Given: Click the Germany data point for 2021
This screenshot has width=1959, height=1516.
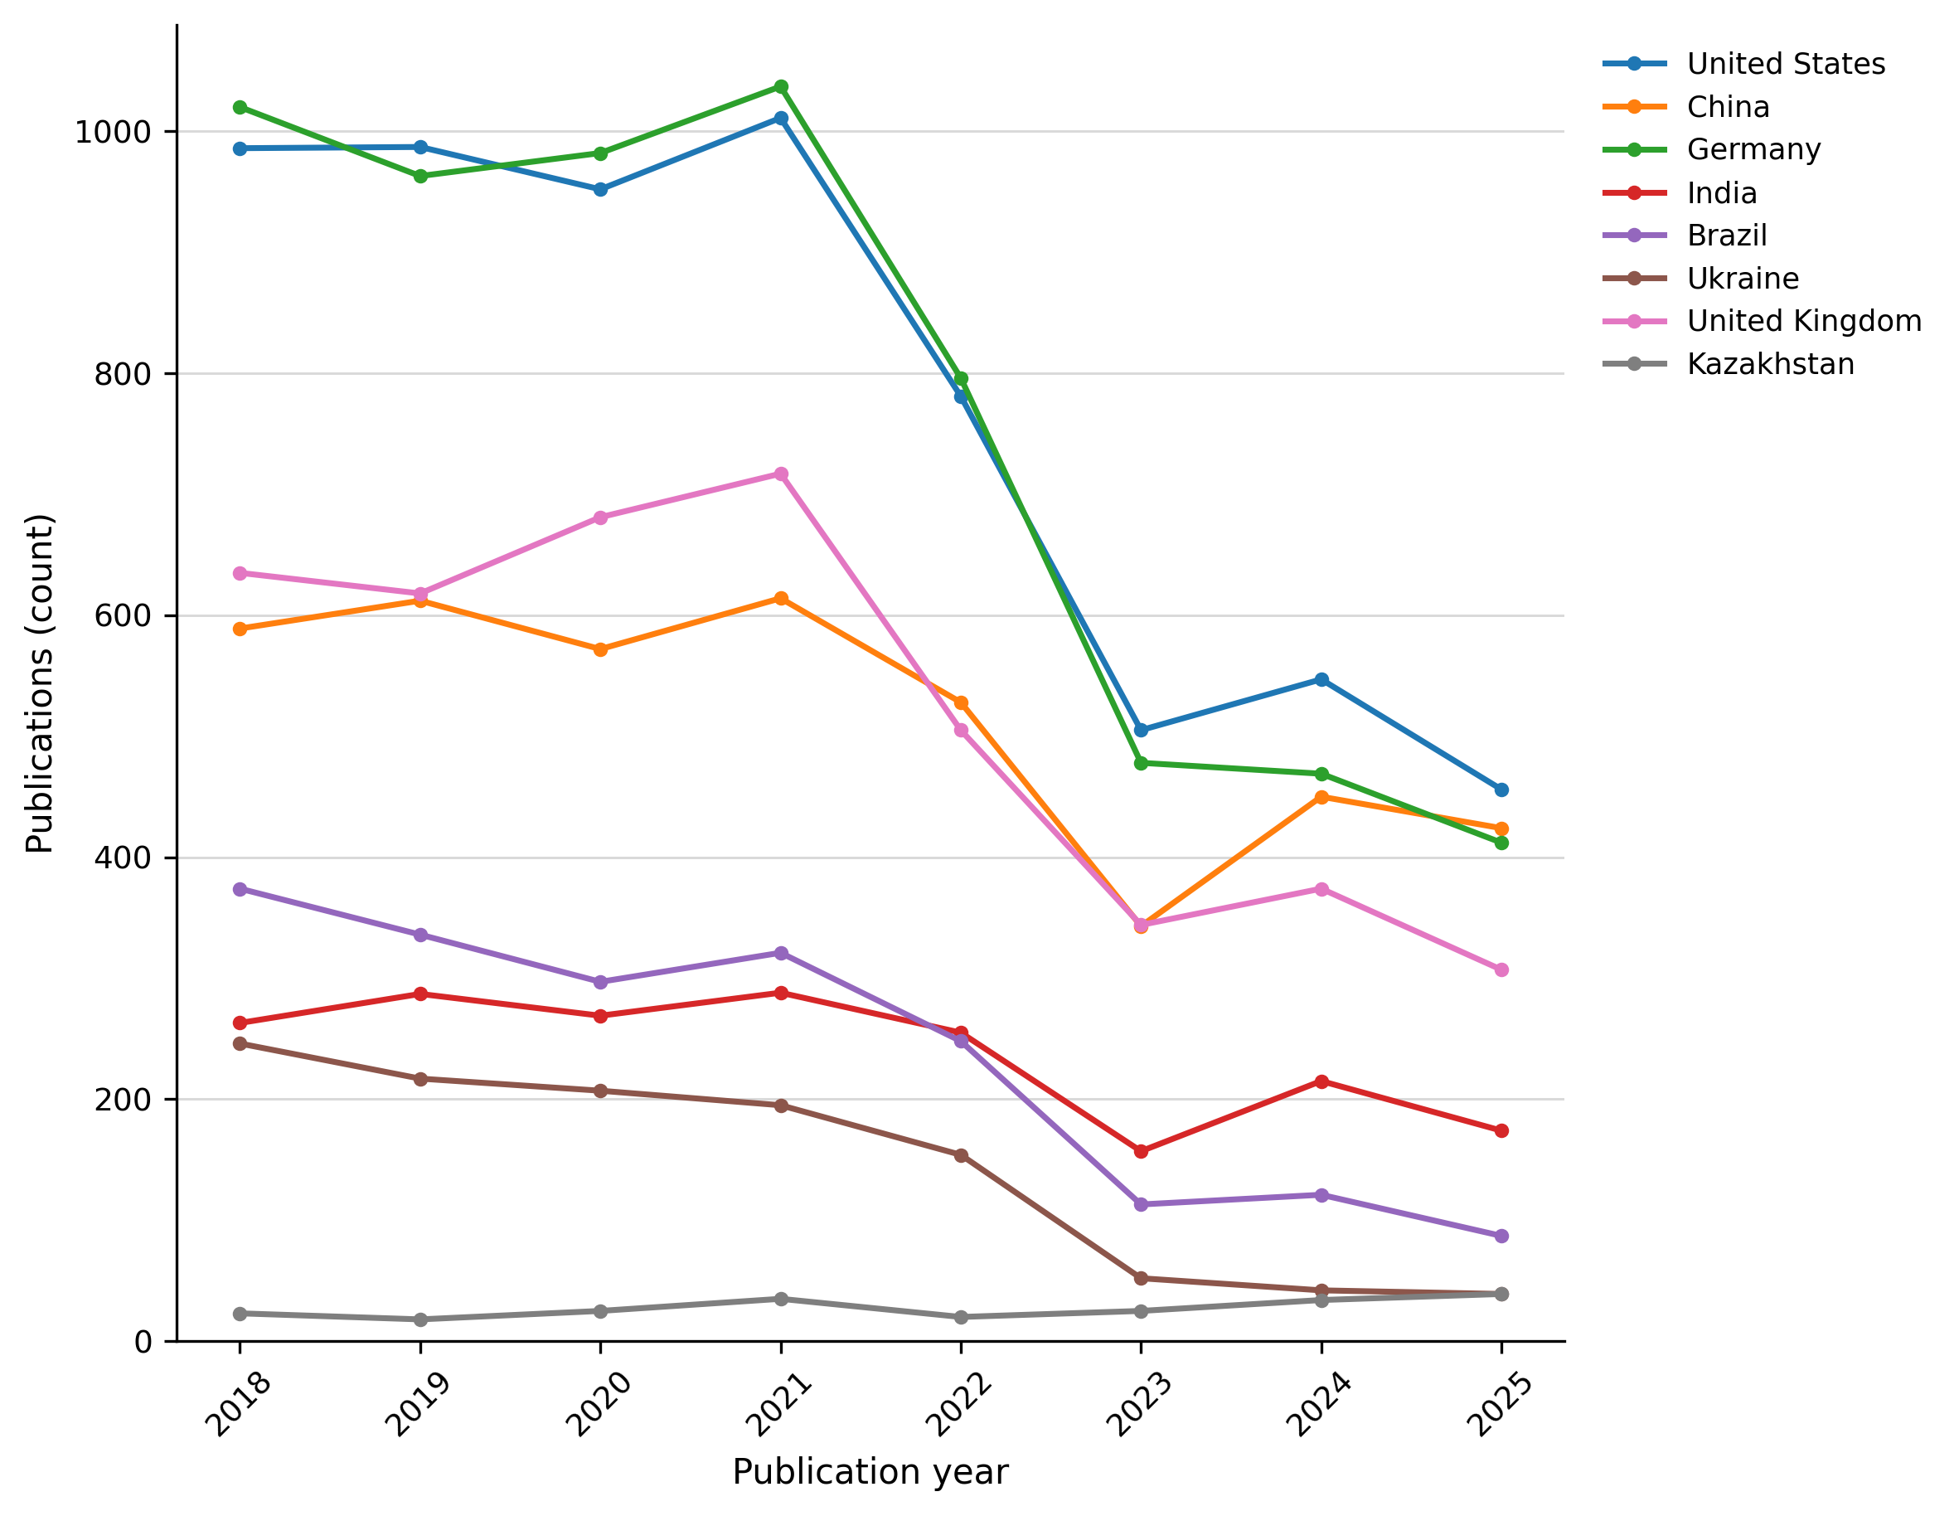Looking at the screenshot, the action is click(781, 87).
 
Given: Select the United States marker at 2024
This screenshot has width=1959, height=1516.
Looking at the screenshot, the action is click(1321, 680).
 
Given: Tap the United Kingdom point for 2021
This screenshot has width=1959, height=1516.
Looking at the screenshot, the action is click(781, 474).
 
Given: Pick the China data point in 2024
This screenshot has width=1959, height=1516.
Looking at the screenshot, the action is click(1321, 798).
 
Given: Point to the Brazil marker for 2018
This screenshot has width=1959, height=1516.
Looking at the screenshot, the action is click(240, 889).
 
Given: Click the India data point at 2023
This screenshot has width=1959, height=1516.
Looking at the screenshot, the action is click(1141, 1151).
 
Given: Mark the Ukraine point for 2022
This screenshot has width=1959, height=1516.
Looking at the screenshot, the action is click(961, 1155).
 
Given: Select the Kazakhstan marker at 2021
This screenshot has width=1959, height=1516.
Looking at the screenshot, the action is click(781, 1299).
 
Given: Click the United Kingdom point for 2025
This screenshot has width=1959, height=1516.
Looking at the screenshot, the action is click(1501, 969).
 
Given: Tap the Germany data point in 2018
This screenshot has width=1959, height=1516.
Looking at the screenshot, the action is click(240, 108).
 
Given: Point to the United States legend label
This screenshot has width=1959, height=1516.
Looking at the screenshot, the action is click(1786, 64).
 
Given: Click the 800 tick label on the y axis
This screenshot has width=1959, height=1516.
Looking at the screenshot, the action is click(123, 374).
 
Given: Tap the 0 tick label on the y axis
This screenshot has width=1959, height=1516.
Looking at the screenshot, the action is click(143, 1342).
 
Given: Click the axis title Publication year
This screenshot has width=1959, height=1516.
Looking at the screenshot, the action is click(870, 1472).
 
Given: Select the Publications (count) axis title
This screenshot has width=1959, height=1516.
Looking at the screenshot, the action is click(41, 683).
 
